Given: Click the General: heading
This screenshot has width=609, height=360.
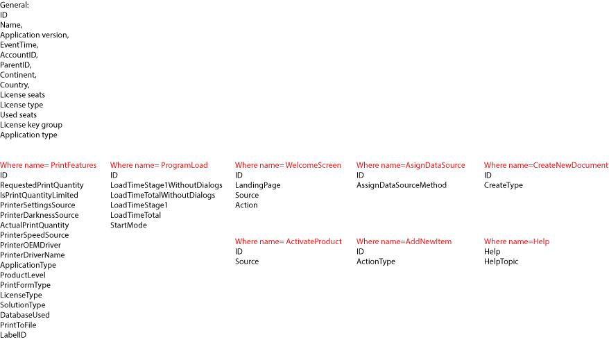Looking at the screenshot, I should point(14,5).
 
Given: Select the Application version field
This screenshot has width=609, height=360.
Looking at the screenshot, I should point(34,35).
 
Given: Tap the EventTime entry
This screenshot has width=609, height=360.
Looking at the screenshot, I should point(19,45).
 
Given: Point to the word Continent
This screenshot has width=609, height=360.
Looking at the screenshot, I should point(18,75).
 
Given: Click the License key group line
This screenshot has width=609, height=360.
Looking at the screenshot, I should point(31,125).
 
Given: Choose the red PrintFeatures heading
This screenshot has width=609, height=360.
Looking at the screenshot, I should point(49,165).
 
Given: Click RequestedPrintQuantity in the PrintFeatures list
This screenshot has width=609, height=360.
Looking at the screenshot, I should point(42,185).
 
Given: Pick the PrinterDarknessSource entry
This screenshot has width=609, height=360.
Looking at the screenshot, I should point(39,215).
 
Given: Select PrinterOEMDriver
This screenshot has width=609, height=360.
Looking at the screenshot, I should point(30,245).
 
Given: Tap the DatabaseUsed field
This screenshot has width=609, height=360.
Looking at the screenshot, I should point(25,315).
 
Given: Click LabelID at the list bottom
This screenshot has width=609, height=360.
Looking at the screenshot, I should point(13,335).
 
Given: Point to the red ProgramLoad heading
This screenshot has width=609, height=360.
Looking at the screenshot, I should point(159,165).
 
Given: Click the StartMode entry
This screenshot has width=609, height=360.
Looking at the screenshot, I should point(128,225).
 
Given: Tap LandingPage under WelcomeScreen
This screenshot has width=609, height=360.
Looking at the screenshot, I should point(257,185).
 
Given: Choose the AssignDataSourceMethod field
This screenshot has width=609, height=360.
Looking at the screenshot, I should point(402,185).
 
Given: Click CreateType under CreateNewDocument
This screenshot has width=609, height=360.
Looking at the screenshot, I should point(504,185).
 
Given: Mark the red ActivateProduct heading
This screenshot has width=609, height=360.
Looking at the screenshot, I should point(288,241).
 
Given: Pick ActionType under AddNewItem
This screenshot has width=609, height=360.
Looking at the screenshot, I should point(375,262).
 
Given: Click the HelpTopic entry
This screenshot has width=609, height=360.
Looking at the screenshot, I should point(501,262).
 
